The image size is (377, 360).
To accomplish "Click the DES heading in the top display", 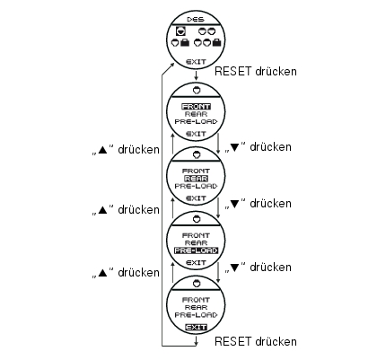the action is (x=196, y=20).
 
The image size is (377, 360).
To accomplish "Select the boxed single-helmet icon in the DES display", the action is (x=180, y=31).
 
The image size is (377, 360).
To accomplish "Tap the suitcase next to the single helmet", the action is (x=185, y=43).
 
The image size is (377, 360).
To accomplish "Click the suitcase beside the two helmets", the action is (x=216, y=43).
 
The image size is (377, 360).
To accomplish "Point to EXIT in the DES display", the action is (x=196, y=62).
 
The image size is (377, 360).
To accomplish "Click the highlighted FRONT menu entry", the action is (x=196, y=107).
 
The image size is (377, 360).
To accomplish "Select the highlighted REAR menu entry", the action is (x=196, y=179).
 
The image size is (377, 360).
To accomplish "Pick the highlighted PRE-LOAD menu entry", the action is (x=196, y=250).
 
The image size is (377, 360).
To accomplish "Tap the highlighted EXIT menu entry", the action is (x=196, y=328).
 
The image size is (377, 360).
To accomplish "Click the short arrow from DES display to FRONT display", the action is (x=196, y=75).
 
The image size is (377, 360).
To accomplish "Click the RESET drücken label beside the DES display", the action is (x=256, y=72).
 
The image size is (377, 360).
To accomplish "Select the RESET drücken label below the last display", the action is (x=256, y=341).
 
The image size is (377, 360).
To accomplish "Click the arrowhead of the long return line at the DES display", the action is (x=172, y=65).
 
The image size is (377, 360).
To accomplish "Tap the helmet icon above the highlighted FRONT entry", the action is (x=197, y=90).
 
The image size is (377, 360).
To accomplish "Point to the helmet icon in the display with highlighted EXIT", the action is (x=197, y=283).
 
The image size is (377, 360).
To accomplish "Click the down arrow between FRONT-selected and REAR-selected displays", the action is (x=218, y=144).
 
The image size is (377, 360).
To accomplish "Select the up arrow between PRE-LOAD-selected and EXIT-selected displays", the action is (x=172, y=273).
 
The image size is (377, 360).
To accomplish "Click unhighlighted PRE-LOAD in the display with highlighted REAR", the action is (x=196, y=186).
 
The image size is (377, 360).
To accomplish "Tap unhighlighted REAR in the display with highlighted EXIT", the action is (x=196, y=308).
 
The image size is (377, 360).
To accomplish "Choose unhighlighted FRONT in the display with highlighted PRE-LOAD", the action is (x=196, y=235).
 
